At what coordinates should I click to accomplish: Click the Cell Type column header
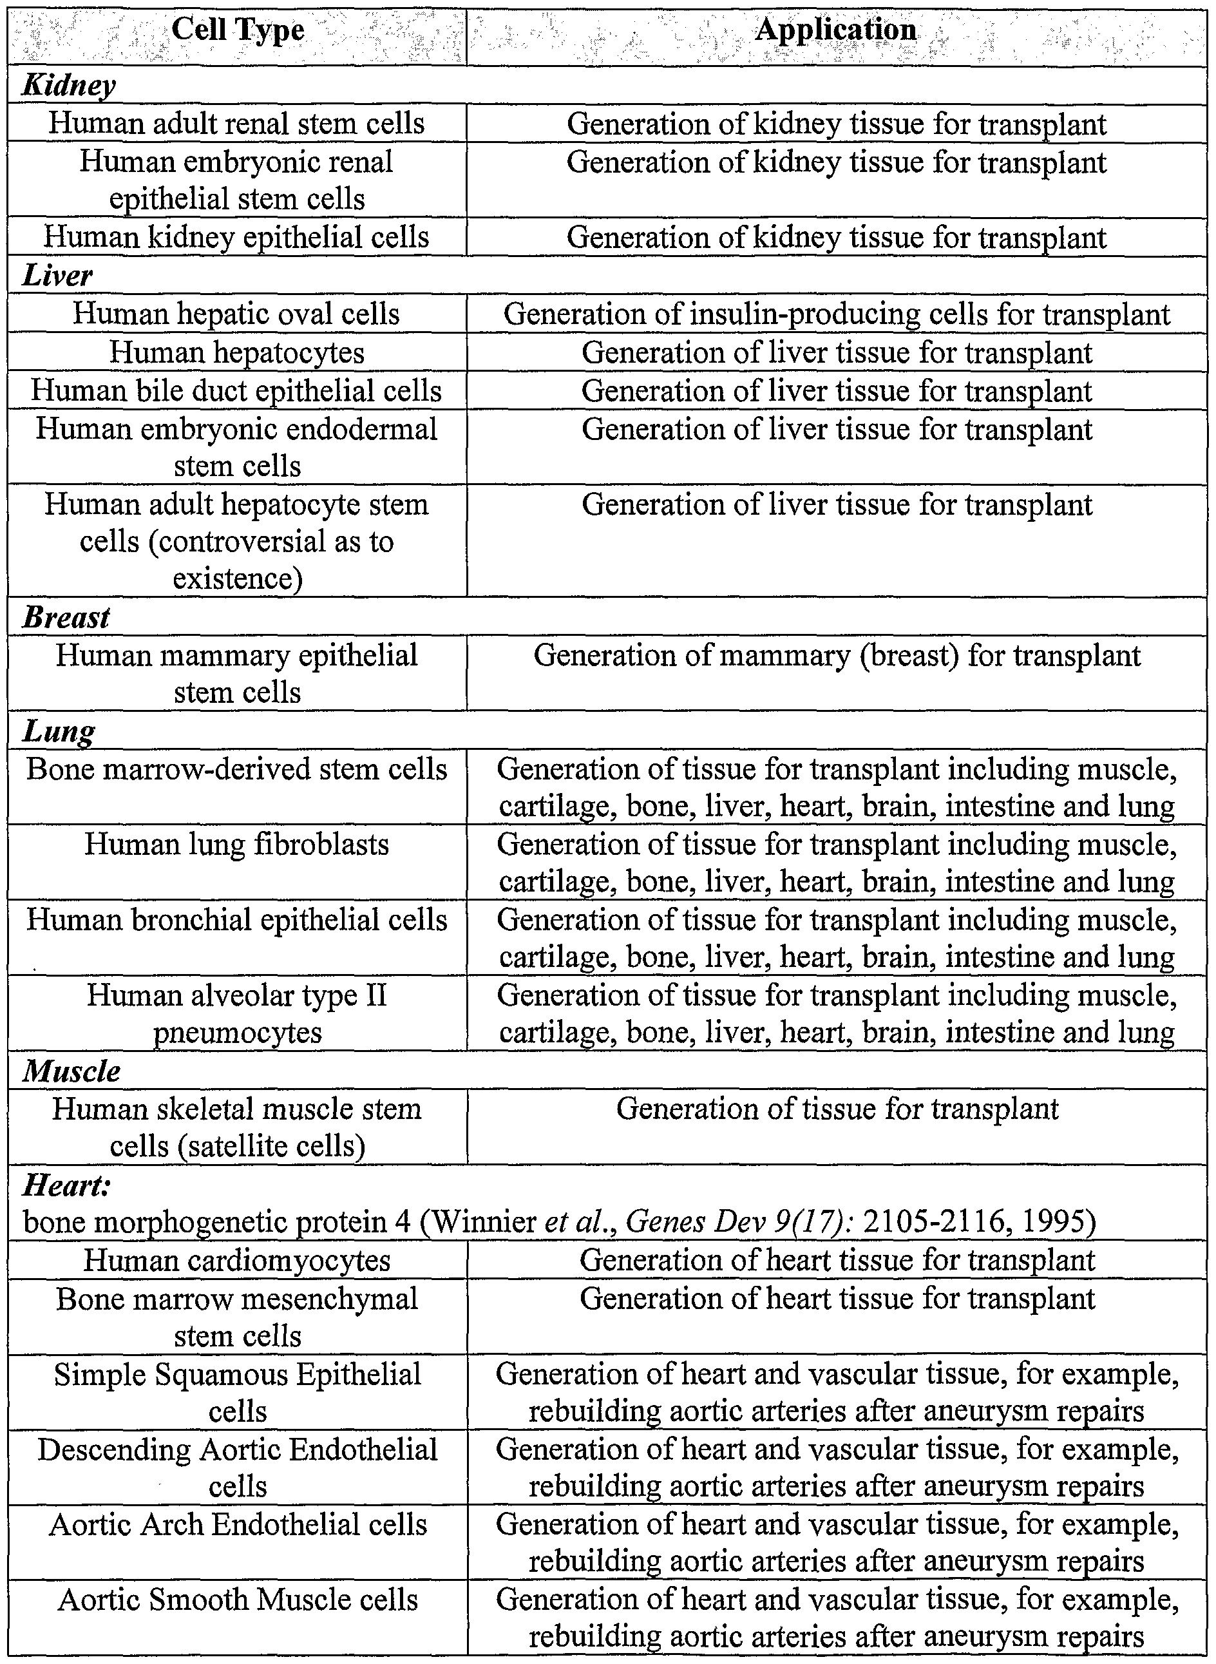coord(237,32)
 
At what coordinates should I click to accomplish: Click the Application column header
coord(836,31)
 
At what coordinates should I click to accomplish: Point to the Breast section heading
coord(66,617)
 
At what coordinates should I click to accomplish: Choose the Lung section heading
coord(59,731)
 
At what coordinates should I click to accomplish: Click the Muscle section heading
coord(71,1071)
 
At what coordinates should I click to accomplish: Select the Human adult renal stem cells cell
coord(237,123)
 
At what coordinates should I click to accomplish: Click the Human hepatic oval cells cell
coord(237,314)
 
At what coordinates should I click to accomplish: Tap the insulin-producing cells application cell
coord(836,314)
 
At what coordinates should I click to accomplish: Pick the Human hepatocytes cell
coord(237,352)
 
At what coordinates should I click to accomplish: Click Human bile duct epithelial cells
coord(237,391)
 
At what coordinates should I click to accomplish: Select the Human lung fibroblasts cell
coord(237,845)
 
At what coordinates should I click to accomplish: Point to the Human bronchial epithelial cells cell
coord(237,921)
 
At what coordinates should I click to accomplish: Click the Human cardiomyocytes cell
coord(237,1261)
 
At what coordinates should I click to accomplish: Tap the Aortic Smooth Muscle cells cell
coord(237,1600)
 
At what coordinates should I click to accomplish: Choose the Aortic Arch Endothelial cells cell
coord(237,1525)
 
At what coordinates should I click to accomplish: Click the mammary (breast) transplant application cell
coord(836,655)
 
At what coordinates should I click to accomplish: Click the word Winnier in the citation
coord(483,1223)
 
